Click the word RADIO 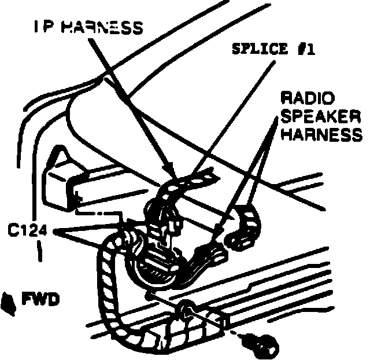tap(304, 96)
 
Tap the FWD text tap(39, 300)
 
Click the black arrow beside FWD tap(9, 302)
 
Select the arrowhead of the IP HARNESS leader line tap(171, 173)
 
